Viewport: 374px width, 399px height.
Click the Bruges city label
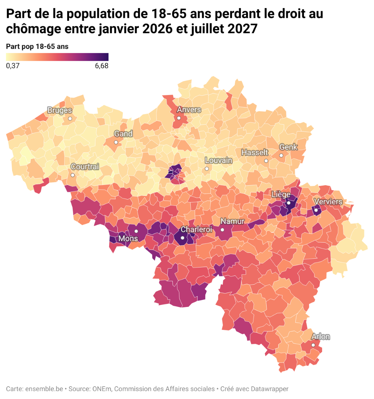[60, 110]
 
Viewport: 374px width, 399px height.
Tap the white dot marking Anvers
[179, 118]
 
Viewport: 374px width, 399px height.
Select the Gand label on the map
[123, 134]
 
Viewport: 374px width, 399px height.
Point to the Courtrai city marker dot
[73, 175]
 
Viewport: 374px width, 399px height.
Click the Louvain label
[218, 160]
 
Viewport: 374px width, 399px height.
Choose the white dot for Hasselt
[266, 161]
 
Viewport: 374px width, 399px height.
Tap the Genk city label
[288, 147]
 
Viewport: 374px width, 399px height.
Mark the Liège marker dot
[288, 203]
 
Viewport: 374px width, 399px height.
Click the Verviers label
[328, 202]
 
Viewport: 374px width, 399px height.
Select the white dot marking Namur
[222, 230]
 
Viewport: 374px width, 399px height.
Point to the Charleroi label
[196, 230]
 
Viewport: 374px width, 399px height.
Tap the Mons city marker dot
[136, 231]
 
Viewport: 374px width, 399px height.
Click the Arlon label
[320, 337]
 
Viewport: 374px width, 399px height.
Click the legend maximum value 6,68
[102, 66]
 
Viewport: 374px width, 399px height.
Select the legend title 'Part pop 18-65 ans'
[37, 47]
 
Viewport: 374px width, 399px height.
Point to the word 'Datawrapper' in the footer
[270, 389]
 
